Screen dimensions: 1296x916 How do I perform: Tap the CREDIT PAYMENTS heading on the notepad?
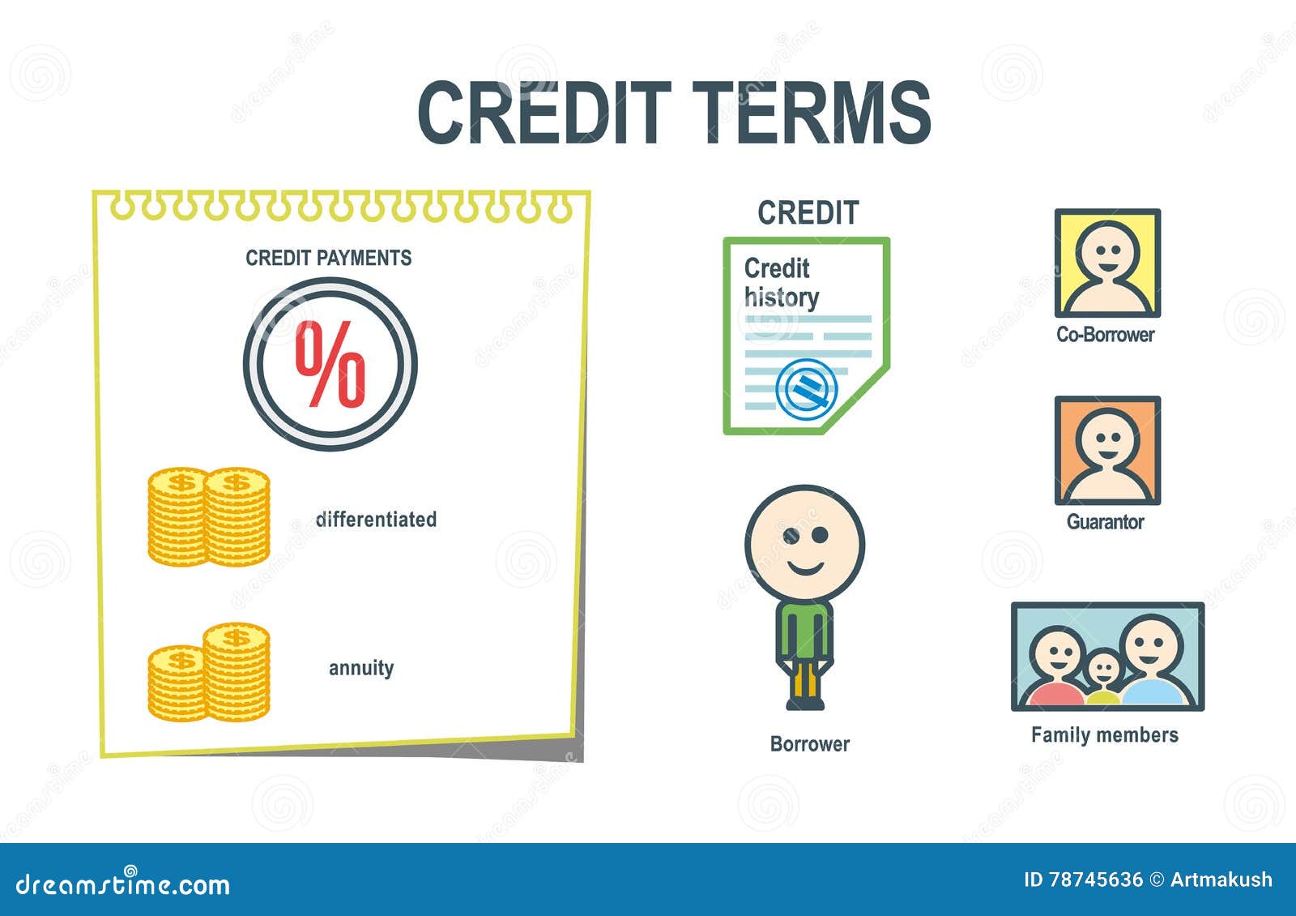tap(329, 258)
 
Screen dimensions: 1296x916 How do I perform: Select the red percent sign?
tap(330, 364)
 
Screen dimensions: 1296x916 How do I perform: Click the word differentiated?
tap(376, 520)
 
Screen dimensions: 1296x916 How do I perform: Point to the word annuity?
tap(361, 668)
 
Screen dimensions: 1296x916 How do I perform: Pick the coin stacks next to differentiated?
tap(209, 516)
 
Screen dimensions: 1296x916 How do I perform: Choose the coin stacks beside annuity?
tap(209, 672)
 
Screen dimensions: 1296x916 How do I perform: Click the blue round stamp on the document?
tap(807, 389)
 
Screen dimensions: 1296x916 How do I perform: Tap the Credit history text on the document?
tap(781, 283)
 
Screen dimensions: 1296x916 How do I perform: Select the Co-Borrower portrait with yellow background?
tap(1107, 263)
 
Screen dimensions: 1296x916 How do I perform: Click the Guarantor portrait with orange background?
tap(1107, 451)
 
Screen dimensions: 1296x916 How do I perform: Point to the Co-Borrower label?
tap(1105, 335)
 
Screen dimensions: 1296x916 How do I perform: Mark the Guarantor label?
tap(1105, 522)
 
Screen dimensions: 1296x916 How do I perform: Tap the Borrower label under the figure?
tap(809, 744)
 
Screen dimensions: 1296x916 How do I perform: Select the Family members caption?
tap(1105, 734)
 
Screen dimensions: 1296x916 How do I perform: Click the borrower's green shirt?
tap(804, 631)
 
